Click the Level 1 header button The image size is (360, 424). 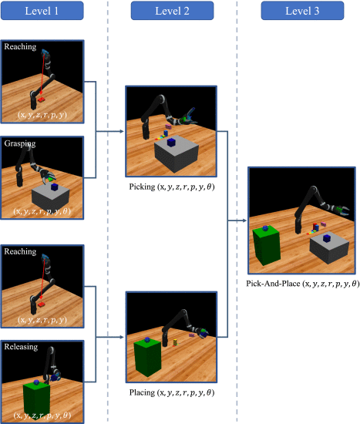tap(42, 11)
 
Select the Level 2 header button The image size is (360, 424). tap(173, 11)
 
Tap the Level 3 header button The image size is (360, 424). tap(302, 11)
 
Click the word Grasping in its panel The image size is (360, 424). tap(20, 143)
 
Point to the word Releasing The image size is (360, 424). tap(21, 347)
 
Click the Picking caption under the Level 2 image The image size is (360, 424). tap(172, 187)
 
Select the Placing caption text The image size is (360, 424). tap(172, 392)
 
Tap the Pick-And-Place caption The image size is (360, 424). tap(303, 284)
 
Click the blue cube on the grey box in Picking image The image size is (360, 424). tap(171, 143)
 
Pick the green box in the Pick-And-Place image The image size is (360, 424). tap(266, 245)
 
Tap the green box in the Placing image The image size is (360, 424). tap(147, 358)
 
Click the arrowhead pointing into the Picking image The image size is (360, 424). tap(122, 131)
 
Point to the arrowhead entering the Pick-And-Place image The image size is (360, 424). tap(244, 220)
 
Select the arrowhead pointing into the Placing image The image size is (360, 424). tap(122, 337)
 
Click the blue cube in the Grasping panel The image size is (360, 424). tap(55, 187)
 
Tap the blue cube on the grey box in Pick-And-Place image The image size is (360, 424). tap(327, 238)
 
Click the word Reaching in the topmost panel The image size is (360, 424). tap(20, 46)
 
